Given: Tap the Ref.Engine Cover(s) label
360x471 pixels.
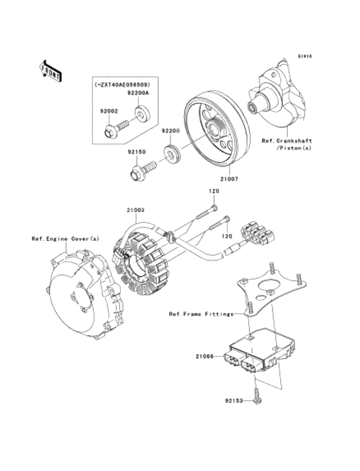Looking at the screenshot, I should [66, 238].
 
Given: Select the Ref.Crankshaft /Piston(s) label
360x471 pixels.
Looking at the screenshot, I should [286, 145].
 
